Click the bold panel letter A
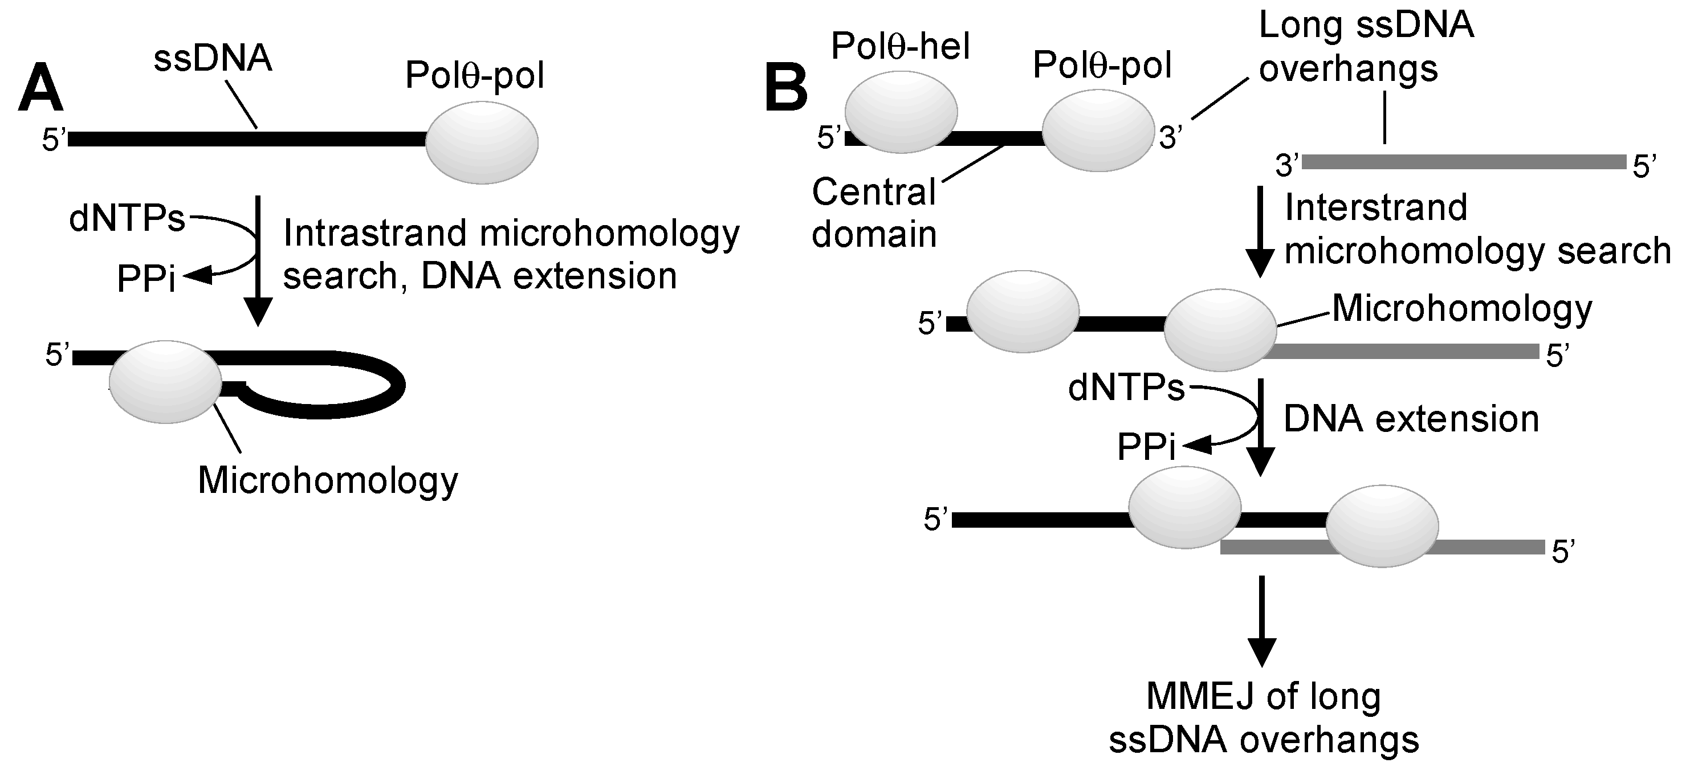point(40,89)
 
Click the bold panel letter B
point(786,89)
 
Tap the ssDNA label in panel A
point(213,59)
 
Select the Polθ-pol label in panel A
point(475,75)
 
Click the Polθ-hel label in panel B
point(900,47)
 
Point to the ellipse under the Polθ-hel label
point(901,112)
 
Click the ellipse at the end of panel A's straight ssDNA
point(482,142)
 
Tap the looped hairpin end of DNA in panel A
point(380,386)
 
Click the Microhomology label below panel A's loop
point(328,481)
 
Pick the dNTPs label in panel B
point(1126,388)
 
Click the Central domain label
point(874,213)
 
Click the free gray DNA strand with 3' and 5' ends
point(1464,162)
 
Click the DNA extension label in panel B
point(1411,419)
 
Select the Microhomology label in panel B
point(1462,308)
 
